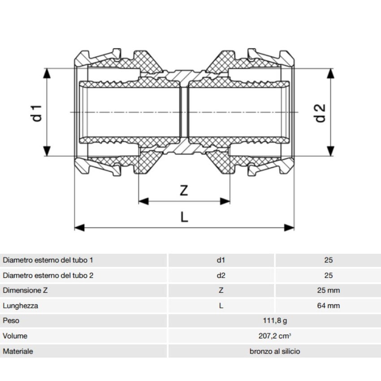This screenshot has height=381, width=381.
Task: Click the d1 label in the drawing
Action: click(36, 113)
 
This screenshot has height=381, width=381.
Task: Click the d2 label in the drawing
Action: click(320, 113)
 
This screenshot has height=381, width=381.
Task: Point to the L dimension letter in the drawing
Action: click(184, 217)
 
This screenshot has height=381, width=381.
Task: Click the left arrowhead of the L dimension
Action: click(79, 228)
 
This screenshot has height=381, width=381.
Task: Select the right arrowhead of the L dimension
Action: click(289, 228)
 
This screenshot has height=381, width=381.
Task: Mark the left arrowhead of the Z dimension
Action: click(143, 201)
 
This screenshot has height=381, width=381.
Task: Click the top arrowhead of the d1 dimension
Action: click(47, 74)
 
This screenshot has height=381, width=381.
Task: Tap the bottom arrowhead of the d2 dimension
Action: click(330, 151)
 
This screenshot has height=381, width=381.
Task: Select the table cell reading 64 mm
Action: click(328, 305)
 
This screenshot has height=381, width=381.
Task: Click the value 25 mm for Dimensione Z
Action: click(328, 290)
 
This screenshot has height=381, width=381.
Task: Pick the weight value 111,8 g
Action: click(275, 321)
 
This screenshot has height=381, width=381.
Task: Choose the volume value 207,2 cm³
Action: click(275, 336)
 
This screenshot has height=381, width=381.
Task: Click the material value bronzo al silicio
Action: click(275, 351)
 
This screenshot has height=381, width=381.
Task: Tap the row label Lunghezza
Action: click(21, 306)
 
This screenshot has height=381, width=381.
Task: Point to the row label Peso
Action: click(11, 320)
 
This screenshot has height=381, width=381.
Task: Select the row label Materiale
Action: click(18, 351)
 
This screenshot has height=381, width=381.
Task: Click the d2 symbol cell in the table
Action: click(221, 275)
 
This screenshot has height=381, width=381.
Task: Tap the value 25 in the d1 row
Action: click(328, 260)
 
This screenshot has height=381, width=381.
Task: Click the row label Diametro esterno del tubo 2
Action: click(48, 275)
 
